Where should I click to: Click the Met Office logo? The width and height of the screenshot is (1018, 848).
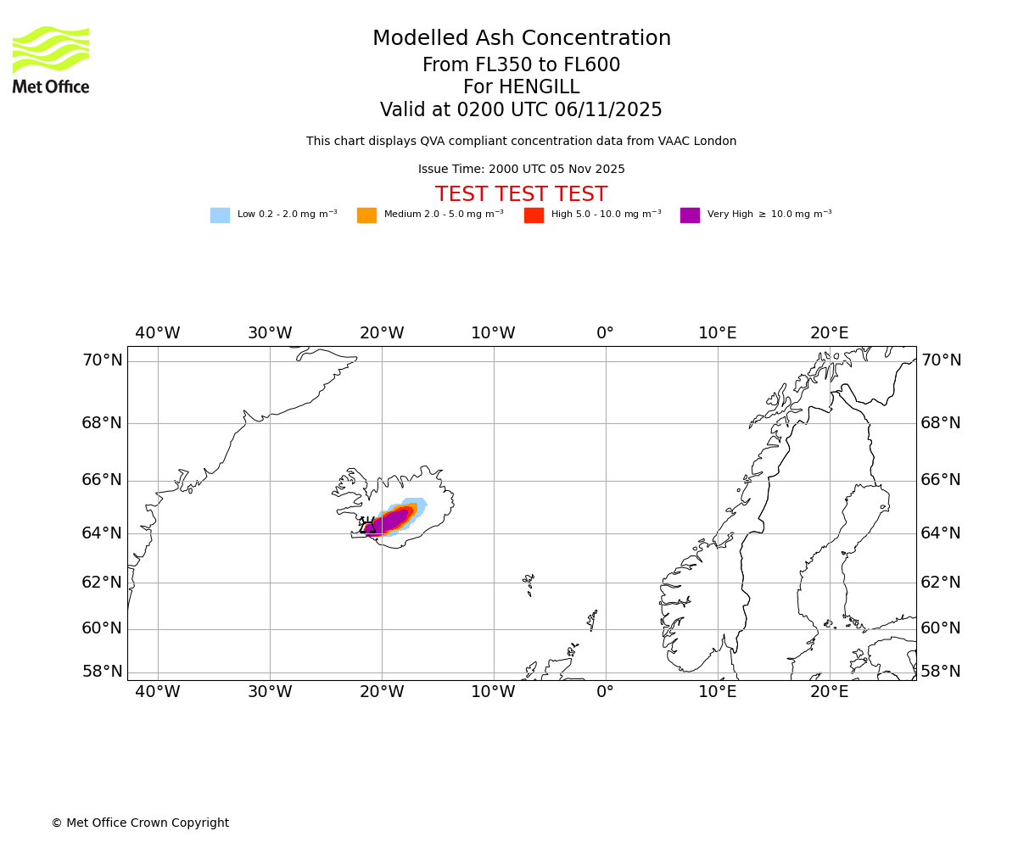click(51, 59)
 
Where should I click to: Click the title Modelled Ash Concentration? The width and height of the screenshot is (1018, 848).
click(521, 39)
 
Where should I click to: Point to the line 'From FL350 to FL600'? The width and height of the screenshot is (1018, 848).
click(521, 65)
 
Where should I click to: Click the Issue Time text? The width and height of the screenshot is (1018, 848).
click(521, 170)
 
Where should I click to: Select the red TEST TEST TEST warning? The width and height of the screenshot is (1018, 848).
click(521, 194)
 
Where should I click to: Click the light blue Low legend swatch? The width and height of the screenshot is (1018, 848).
click(220, 215)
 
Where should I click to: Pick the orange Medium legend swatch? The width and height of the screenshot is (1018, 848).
click(366, 215)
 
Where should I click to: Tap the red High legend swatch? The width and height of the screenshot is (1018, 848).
click(534, 215)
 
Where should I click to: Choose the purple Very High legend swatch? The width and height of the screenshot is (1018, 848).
click(690, 215)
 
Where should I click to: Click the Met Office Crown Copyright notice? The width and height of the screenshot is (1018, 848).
click(140, 823)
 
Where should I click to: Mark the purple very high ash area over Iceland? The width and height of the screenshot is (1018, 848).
click(391, 521)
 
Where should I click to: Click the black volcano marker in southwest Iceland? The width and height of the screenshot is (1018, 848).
click(367, 527)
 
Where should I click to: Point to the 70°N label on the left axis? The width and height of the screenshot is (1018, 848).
click(102, 360)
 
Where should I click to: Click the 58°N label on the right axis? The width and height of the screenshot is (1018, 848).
click(941, 672)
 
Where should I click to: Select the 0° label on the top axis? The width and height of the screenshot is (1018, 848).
click(605, 333)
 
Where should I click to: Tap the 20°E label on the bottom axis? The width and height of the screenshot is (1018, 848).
click(829, 692)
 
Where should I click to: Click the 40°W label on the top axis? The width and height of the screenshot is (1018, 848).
click(158, 333)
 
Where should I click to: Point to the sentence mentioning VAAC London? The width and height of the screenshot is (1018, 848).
click(521, 142)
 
